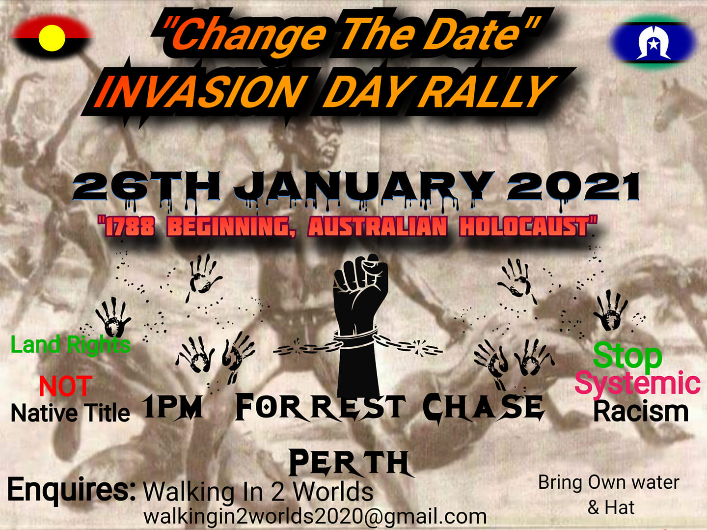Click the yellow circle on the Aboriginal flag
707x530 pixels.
click(x=52, y=38)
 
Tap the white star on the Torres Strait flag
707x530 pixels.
click(x=653, y=44)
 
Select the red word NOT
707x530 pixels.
click(x=66, y=386)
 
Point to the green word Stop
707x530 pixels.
click(x=627, y=356)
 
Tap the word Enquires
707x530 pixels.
click(x=71, y=490)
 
